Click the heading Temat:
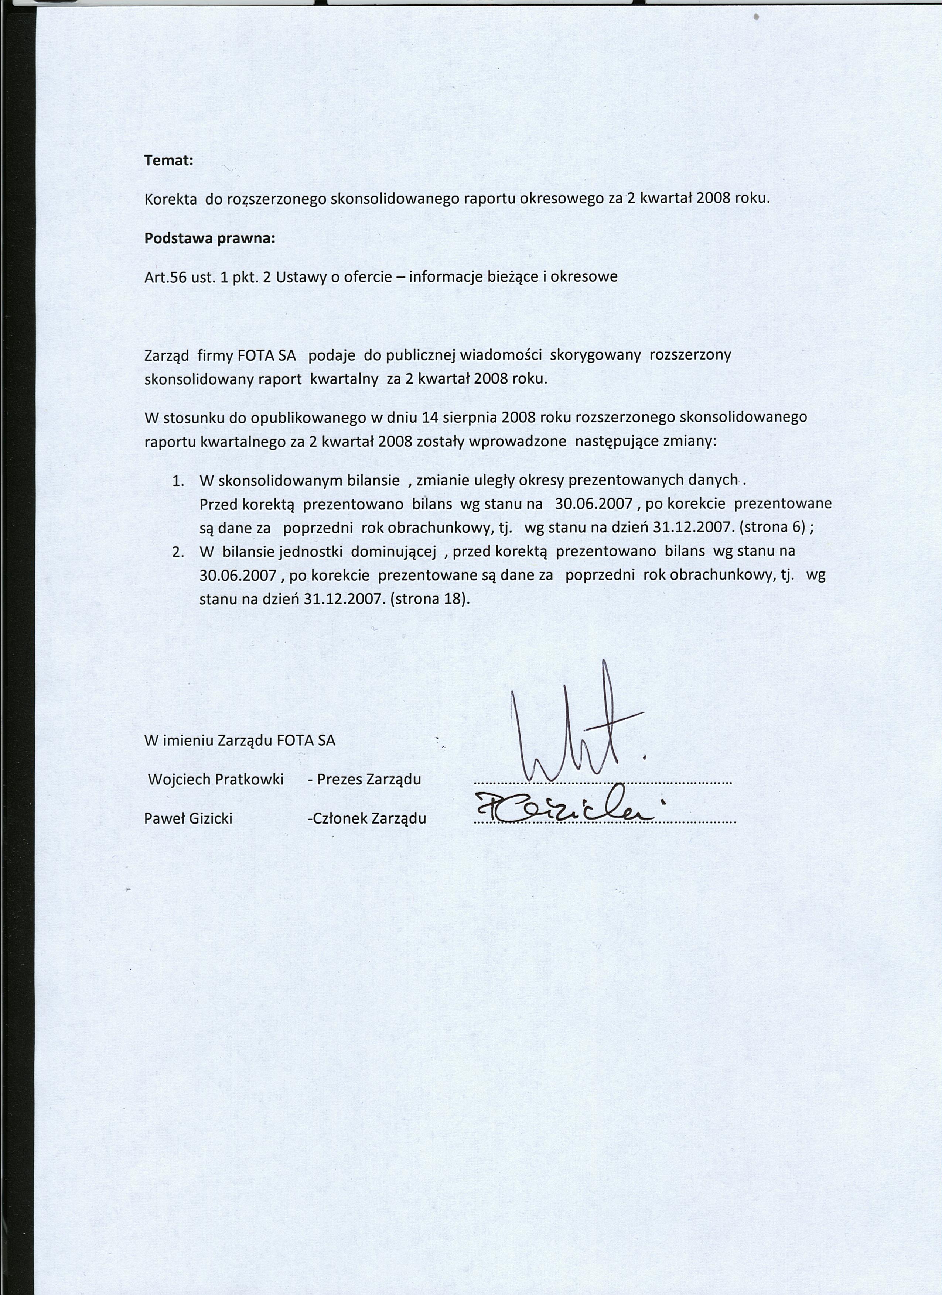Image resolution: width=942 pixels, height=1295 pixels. point(168,161)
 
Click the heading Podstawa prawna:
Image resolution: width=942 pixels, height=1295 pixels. point(210,239)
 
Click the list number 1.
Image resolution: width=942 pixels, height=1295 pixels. point(178,481)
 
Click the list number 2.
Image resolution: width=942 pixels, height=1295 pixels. point(178,552)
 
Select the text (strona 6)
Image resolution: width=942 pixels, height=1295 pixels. point(772,528)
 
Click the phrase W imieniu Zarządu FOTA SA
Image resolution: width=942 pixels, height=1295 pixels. point(239,741)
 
